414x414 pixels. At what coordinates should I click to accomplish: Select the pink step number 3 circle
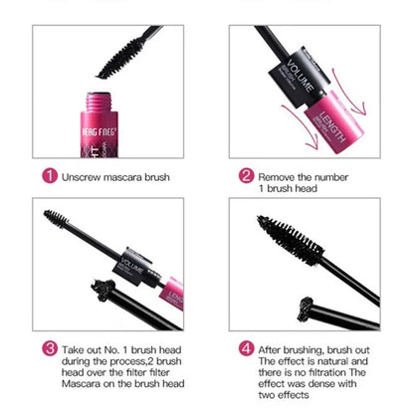point(49,350)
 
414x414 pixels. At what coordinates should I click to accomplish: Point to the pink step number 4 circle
point(246,350)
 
